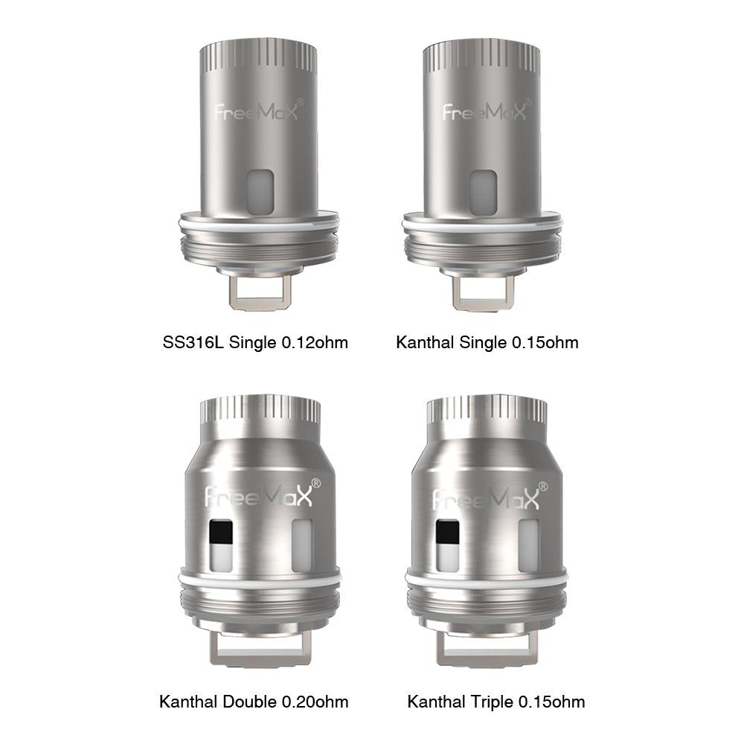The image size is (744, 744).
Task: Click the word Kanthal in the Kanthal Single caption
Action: pyautogui.click(x=425, y=343)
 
